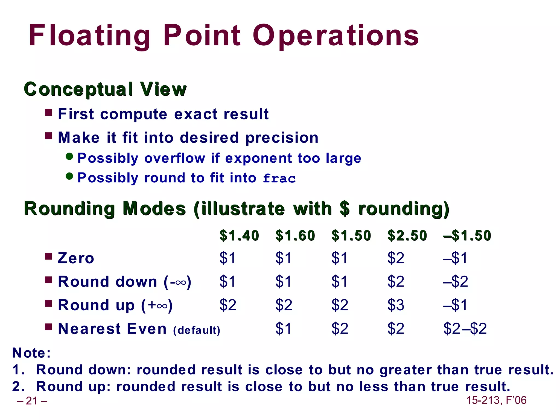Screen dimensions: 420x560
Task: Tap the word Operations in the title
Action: pyautogui.click(x=336, y=36)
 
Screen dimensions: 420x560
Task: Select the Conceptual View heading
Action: pyautogui.click(x=105, y=89)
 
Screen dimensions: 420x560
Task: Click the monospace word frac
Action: pyautogui.click(x=279, y=179)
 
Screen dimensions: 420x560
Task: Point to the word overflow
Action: pyautogui.click(x=175, y=158)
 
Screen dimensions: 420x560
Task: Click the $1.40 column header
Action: pyautogui.click(x=239, y=235)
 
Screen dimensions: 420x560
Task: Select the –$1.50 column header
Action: pyautogui.click(x=467, y=235)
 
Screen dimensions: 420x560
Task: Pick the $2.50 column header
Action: pyautogui.click(x=407, y=235)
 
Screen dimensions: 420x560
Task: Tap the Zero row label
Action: pyautogui.click(x=76, y=258)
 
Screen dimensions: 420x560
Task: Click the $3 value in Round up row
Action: pyautogui.click(x=396, y=305)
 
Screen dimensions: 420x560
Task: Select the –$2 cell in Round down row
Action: pyautogui.click(x=456, y=281)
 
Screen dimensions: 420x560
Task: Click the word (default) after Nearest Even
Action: pyautogui.click(x=197, y=330)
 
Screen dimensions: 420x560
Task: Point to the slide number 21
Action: pyautogui.click(x=32, y=401)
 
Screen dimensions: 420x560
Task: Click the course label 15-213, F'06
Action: pyautogui.click(x=496, y=400)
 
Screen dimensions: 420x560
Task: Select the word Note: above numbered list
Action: pyautogui.click(x=32, y=353)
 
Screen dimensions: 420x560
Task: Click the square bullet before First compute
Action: pyautogui.click(x=48, y=112)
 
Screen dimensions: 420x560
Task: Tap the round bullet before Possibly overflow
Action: pyautogui.click(x=69, y=156)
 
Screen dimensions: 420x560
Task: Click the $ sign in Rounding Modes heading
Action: pyautogui.click(x=345, y=209)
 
